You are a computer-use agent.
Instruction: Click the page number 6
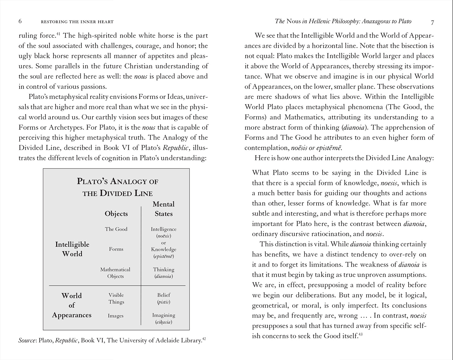[x=20, y=21]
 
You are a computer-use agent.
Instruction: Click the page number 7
[x=432, y=22]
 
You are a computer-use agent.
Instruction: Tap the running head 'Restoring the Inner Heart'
[x=77, y=22]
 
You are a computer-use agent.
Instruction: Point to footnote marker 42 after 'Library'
[x=204, y=339]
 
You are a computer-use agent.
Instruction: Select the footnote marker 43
[x=360, y=334]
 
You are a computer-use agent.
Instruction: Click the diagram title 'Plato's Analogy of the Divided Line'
[x=117, y=187]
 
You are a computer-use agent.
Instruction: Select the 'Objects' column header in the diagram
[x=116, y=214]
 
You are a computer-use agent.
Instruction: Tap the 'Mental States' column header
[x=164, y=209]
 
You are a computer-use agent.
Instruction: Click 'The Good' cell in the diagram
[x=116, y=229]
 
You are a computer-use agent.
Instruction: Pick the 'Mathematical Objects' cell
[x=115, y=273]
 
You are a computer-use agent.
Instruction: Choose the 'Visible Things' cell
[x=116, y=298]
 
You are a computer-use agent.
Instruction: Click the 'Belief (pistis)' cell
[x=164, y=298]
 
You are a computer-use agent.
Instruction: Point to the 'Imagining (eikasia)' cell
[x=164, y=318]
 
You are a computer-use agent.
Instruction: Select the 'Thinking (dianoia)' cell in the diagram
[x=164, y=273]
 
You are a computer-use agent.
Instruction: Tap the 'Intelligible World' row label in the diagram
[x=72, y=249]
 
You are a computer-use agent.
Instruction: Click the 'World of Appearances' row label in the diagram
[x=72, y=305]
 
